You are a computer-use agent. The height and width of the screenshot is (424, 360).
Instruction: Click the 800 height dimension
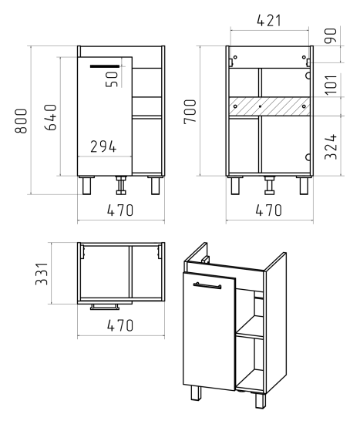click(21, 121)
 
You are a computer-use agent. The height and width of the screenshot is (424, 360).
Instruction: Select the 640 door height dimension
click(51, 117)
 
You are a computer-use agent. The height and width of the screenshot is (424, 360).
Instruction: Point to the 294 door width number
click(103, 146)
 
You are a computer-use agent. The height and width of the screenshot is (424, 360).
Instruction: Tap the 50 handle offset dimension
click(112, 79)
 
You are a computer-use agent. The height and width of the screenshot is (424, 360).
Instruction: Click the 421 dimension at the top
click(269, 20)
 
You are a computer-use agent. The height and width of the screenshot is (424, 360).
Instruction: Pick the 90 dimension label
click(331, 35)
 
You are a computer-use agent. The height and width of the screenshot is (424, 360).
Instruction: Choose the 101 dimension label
click(331, 85)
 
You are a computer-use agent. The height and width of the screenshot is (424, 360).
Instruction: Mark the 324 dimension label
click(331, 146)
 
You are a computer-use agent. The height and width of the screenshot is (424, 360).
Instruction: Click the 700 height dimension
click(190, 112)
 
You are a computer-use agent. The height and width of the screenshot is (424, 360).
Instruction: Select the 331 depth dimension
click(42, 274)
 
